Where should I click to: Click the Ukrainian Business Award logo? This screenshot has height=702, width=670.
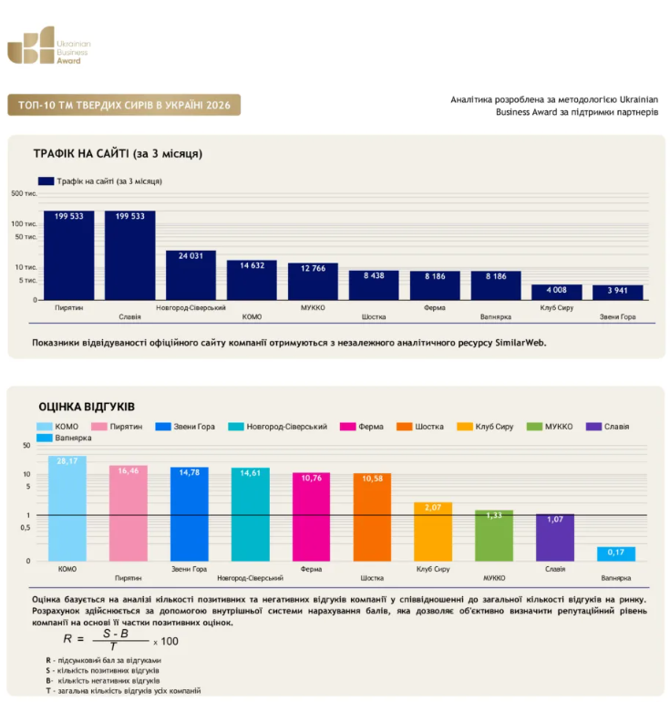click(x=49, y=46)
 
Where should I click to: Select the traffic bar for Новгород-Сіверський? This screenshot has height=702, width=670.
click(x=191, y=275)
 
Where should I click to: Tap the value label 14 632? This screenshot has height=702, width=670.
click(x=252, y=265)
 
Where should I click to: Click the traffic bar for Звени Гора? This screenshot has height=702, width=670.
click(x=618, y=293)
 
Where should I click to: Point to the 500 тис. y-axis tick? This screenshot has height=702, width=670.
click(x=24, y=193)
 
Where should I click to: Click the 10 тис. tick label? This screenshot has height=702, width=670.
click(x=26, y=267)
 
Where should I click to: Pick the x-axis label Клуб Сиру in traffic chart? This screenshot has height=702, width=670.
click(x=556, y=307)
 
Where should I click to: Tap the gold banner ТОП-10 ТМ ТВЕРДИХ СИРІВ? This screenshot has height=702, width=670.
click(x=124, y=105)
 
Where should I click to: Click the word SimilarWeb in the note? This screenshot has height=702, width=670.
click(x=521, y=343)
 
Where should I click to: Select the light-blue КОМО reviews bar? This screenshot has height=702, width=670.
click(x=67, y=508)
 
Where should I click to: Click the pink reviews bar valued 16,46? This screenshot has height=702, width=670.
click(x=128, y=513)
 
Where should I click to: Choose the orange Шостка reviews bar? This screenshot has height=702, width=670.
click(x=372, y=517)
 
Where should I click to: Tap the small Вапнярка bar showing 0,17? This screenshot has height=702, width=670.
click(x=616, y=553)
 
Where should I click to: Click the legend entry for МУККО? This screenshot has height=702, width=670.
click(x=550, y=427)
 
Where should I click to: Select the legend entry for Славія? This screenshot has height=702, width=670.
click(x=607, y=427)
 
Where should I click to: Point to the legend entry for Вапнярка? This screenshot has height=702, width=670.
click(x=64, y=438)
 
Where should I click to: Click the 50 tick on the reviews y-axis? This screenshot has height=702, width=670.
click(x=26, y=446)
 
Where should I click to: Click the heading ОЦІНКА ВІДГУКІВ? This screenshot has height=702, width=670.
click(x=87, y=407)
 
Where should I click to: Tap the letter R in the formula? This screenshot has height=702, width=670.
click(x=67, y=638)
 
